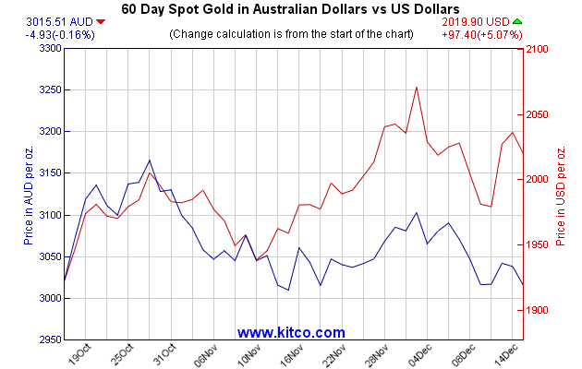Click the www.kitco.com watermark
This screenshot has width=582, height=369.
pos(291,332)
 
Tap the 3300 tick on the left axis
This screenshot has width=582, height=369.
pos(46,49)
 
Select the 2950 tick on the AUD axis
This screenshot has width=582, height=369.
pos(46,340)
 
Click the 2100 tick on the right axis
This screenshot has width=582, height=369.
pos(538,49)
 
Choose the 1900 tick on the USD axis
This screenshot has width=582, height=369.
pos(538,310)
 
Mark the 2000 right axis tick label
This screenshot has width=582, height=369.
pos(538,179)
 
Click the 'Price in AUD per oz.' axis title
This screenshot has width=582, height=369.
pos(30,195)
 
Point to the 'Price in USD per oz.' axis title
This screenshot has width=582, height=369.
pos(560,195)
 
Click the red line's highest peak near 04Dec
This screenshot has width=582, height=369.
pos(417,88)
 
